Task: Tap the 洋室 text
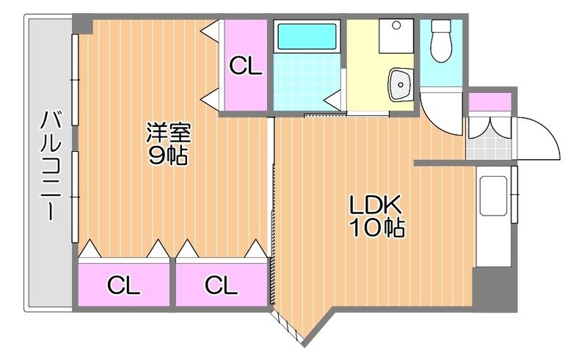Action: [169, 134]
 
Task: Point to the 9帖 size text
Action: [169, 155]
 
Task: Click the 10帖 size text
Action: [376, 227]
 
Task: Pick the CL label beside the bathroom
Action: [245, 66]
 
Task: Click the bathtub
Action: [306, 36]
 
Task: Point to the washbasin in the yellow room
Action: [400, 84]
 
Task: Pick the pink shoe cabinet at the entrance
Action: [489, 101]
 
